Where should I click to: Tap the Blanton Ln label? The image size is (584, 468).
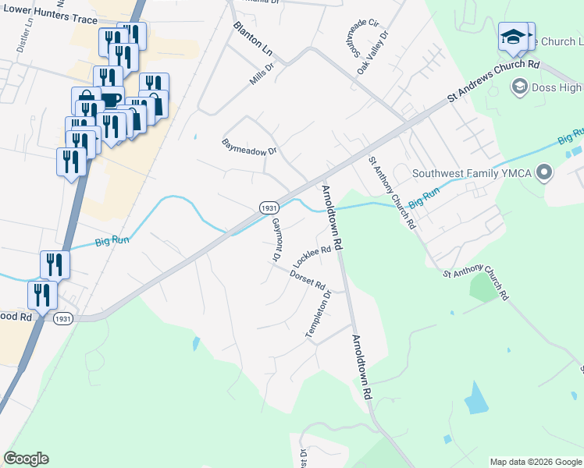tap(253, 37)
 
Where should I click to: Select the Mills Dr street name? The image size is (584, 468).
tap(262, 73)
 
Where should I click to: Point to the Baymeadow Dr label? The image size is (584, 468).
tap(250, 147)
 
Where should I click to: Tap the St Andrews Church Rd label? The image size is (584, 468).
tap(493, 80)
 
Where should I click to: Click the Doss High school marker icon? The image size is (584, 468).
tap(519, 87)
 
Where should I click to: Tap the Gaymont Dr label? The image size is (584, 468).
tap(276, 239)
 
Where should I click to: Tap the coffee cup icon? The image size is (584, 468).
tap(110, 99)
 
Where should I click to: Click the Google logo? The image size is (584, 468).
tap(26, 459)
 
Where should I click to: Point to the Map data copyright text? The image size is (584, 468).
tap(535, 461)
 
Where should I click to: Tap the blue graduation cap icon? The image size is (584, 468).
tap(512, 37)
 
